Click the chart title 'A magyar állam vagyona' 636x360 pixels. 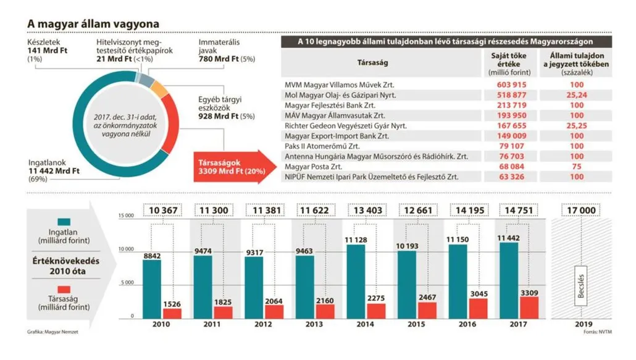click(93, 23)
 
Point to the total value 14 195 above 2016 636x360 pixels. click(470, 210)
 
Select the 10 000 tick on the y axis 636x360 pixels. click(125, 250)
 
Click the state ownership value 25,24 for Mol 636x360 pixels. click(577, 96)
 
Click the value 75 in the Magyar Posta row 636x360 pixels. click(577, 167)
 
